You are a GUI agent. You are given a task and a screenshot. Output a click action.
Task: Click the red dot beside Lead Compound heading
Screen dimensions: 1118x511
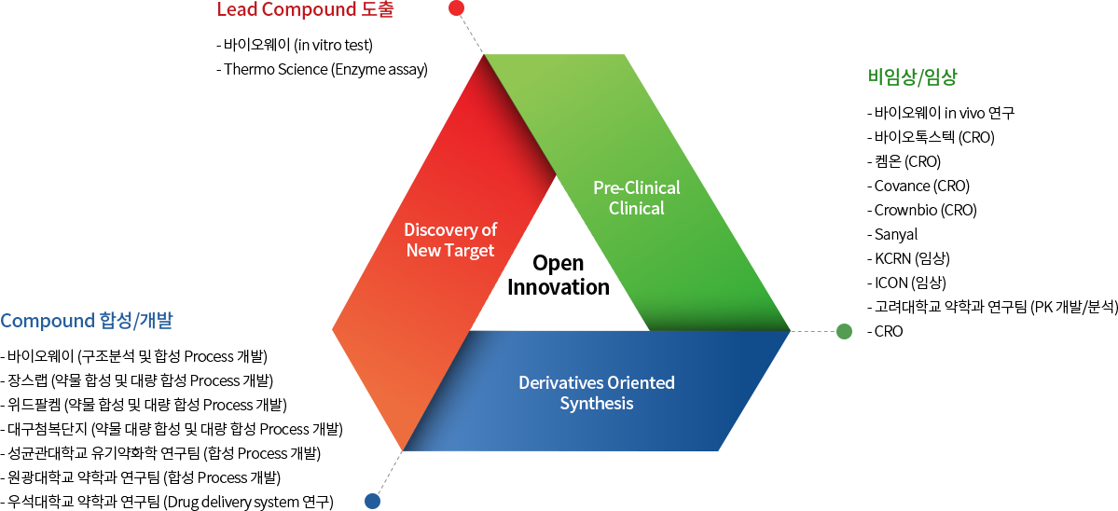[x=456, y=8]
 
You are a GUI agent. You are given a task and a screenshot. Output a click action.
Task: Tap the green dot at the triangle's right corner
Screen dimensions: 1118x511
[x=844, y=331]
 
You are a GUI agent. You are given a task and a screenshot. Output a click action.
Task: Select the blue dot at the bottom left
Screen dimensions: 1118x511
[x=372, y=501]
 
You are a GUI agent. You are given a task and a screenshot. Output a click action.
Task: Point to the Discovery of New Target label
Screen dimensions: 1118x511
[x=450, y=241]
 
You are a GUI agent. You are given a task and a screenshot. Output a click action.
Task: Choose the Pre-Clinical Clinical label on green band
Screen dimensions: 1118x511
[x=637, y=198]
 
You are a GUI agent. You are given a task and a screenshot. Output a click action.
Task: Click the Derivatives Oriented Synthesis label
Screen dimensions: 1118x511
[x=597, y=393]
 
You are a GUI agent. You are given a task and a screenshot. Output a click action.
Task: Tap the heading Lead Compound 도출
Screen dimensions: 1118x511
[x=306, y=10]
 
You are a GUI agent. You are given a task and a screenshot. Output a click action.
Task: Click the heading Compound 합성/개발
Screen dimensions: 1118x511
[x=87, y=321]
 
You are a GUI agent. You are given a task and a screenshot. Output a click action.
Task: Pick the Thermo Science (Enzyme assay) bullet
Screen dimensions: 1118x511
[x=322, y=70]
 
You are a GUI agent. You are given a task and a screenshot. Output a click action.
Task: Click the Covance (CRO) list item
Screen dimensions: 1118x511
[x=918, y=186]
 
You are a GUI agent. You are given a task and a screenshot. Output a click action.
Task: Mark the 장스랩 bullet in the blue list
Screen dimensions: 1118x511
[x=138, y=380]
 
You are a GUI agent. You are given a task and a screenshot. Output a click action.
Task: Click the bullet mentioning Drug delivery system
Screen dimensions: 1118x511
[x=168, y=502]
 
